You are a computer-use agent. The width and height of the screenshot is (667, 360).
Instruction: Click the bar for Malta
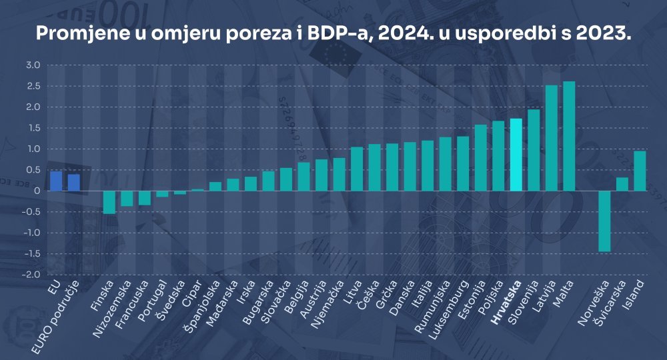click(569, 136)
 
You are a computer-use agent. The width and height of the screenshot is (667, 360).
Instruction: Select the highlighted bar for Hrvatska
click(516, 155)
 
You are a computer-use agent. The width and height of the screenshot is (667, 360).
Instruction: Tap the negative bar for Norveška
click(604, 221)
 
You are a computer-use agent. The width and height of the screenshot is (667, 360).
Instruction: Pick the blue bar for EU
click(56, 181)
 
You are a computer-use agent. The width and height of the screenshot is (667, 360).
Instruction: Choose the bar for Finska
click(109, 202)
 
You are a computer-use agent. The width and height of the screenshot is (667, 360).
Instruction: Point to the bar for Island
click(640, 171)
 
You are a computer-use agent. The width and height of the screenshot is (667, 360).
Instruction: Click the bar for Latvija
click(552, 138)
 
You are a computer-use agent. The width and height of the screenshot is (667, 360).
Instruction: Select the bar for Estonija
click(480, 157)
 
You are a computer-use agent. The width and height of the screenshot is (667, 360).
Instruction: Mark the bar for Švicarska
click(622, 184)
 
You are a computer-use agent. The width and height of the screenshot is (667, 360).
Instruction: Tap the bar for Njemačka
click(339, 174)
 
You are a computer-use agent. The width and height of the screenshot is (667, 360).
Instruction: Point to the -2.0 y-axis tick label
click(32, 275)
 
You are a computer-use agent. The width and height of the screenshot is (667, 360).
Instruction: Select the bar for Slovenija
click(534, 150)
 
